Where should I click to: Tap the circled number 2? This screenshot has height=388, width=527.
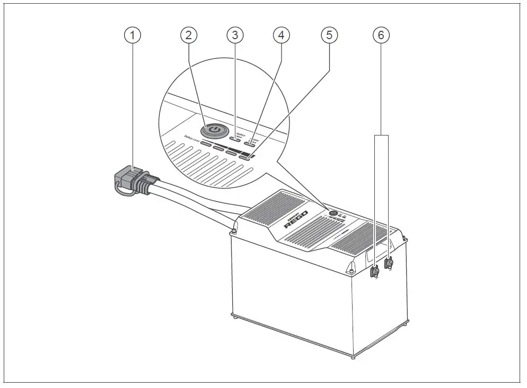click(189, 36)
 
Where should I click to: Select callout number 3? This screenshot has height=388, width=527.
click(235, 36)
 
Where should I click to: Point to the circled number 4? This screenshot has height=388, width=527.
click(282, 36)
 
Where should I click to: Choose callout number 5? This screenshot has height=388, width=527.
click(329, 36)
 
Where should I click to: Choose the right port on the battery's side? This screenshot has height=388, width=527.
click(389, 261)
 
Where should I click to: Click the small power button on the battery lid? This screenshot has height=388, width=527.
click(333, 213)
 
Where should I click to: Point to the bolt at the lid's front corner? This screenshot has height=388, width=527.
click(350, 271)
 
